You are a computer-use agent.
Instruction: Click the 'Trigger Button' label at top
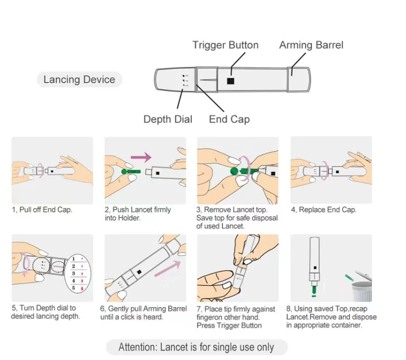point(225,45)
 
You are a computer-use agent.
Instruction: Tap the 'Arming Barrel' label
point(311,45)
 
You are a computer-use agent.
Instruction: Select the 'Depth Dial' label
point(167,119)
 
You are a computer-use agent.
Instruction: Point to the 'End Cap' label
point(229,119)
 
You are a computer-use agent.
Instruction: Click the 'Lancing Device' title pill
point(79,79)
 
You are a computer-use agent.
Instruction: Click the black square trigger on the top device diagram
point(230,80)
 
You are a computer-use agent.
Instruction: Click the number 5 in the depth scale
point(73,287)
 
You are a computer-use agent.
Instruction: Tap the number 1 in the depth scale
point(73,259)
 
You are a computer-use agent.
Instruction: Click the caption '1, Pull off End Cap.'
point(42,209)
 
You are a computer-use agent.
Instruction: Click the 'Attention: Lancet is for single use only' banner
point(196,347)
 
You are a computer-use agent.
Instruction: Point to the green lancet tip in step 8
point(313,289)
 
